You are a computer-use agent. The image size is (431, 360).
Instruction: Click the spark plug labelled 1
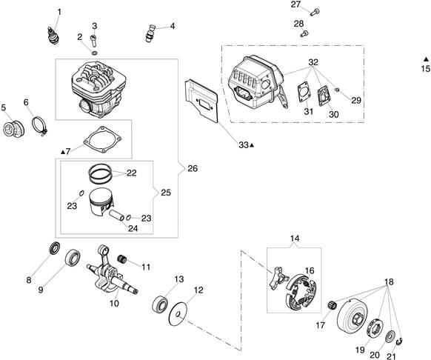(53, 36)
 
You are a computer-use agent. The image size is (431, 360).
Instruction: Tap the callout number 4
(173, 26)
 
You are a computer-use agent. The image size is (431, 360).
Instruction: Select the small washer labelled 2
(94, 53)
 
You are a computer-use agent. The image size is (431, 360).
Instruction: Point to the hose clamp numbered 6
(40, 126)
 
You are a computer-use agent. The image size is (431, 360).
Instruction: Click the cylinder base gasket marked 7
(102, 140)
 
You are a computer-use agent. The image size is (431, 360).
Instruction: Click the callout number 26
(193, 168)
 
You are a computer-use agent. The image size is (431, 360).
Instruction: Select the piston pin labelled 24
(116, 216)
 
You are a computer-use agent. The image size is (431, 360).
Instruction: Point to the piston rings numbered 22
(100, 174)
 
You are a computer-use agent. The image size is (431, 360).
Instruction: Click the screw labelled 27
(315, 12)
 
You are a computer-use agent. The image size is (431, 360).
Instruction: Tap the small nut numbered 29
(337, 90)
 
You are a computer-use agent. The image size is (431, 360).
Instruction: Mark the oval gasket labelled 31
(304, 92)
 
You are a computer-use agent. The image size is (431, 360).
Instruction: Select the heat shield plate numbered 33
(201, 101)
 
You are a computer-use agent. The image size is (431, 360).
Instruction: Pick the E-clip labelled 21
(400, 341)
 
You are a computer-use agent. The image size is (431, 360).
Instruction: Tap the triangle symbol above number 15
(426, 59)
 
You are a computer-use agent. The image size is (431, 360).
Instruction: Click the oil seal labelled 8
(55, 247)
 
